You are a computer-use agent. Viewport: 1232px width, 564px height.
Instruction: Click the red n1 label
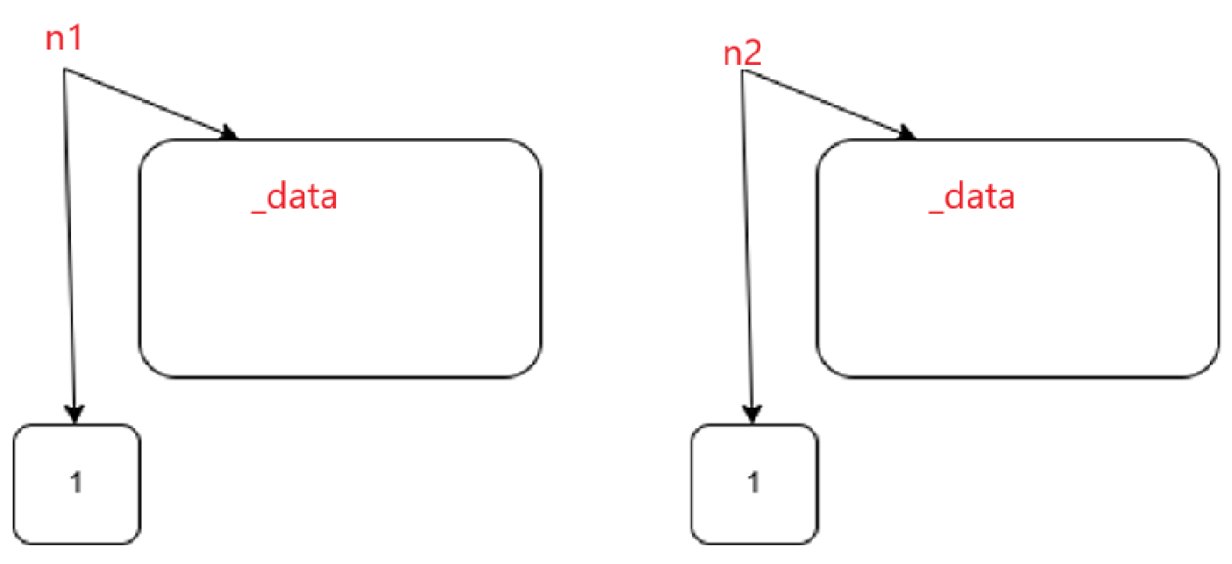(63, 38)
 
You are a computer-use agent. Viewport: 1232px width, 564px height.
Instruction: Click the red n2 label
(742, 53)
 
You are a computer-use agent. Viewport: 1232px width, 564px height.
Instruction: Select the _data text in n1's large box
(295, 197)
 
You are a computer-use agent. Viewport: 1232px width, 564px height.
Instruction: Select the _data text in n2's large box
(972, 197)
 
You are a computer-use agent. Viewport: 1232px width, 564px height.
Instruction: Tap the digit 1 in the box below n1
(76, 482)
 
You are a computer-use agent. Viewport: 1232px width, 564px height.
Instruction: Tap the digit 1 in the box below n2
(754, 482)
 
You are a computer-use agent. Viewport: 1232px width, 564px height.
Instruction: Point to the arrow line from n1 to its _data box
(145, 102)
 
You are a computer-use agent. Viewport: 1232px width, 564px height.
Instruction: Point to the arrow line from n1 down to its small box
(69, 244)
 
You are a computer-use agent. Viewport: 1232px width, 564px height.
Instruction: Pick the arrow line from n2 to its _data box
(823, 102)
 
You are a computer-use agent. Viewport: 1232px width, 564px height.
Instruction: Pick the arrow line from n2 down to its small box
(747, 244)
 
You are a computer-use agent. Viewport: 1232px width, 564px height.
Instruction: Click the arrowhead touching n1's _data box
(228, 133)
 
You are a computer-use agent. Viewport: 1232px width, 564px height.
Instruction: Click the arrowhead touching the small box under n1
(73, 413)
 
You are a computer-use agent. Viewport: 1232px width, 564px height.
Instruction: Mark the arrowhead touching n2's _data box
(907, 133)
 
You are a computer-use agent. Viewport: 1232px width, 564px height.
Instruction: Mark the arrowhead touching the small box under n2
(752, 413)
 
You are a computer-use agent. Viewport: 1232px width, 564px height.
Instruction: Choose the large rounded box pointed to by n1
(340, 290)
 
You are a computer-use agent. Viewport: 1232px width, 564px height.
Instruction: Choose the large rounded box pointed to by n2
(1017, 290)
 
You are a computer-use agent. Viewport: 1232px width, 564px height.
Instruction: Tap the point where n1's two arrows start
(64, 70)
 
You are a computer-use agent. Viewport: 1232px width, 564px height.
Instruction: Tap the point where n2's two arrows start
(742, 71)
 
